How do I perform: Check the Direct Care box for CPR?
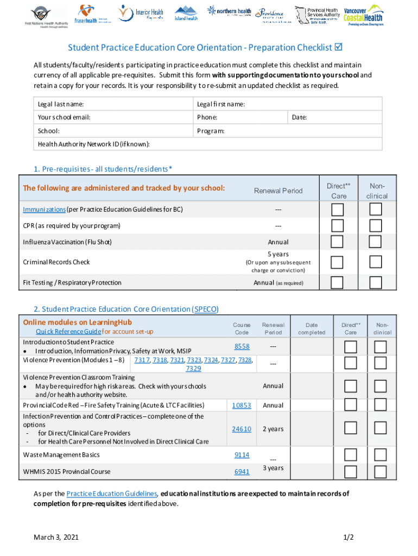338,225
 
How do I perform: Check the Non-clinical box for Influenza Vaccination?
376,242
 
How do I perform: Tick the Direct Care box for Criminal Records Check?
338,262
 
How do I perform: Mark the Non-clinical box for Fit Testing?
376,282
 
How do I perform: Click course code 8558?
242,346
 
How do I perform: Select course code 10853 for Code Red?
242,405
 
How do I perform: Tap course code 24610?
242,429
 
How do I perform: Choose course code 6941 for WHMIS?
242,472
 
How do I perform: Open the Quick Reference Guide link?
68,332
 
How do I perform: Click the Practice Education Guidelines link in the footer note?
112,494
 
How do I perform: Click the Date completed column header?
312,328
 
